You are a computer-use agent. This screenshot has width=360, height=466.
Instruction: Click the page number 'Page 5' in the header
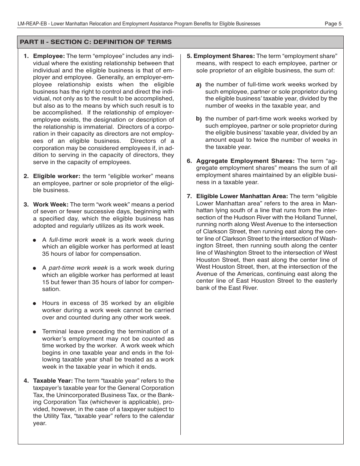[x=333, y=23]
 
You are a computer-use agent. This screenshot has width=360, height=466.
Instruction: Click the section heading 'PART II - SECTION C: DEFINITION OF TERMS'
[x=95, y=42]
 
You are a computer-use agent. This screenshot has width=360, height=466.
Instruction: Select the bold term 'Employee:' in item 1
[x=49, y=56]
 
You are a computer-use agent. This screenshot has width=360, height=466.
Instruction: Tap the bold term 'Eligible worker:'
[x=56, y=176]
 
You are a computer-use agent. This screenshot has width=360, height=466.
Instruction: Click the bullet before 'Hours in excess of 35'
[x=34, y=303]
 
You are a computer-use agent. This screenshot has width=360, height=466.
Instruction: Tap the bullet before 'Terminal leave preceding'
[x=34, y=332]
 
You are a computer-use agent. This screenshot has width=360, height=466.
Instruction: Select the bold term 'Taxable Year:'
[x=53, y=381]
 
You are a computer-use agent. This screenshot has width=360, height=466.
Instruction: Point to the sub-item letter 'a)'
[x=199, y=85]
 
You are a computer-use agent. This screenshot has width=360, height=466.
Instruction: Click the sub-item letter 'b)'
[x=199, y=119]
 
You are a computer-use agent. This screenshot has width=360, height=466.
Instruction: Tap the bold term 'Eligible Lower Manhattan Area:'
[x=242, y=196]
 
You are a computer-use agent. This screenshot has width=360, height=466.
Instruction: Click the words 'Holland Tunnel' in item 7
[x=318, y=217]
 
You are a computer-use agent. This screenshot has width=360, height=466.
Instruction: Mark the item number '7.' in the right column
[x=189, y=196]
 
